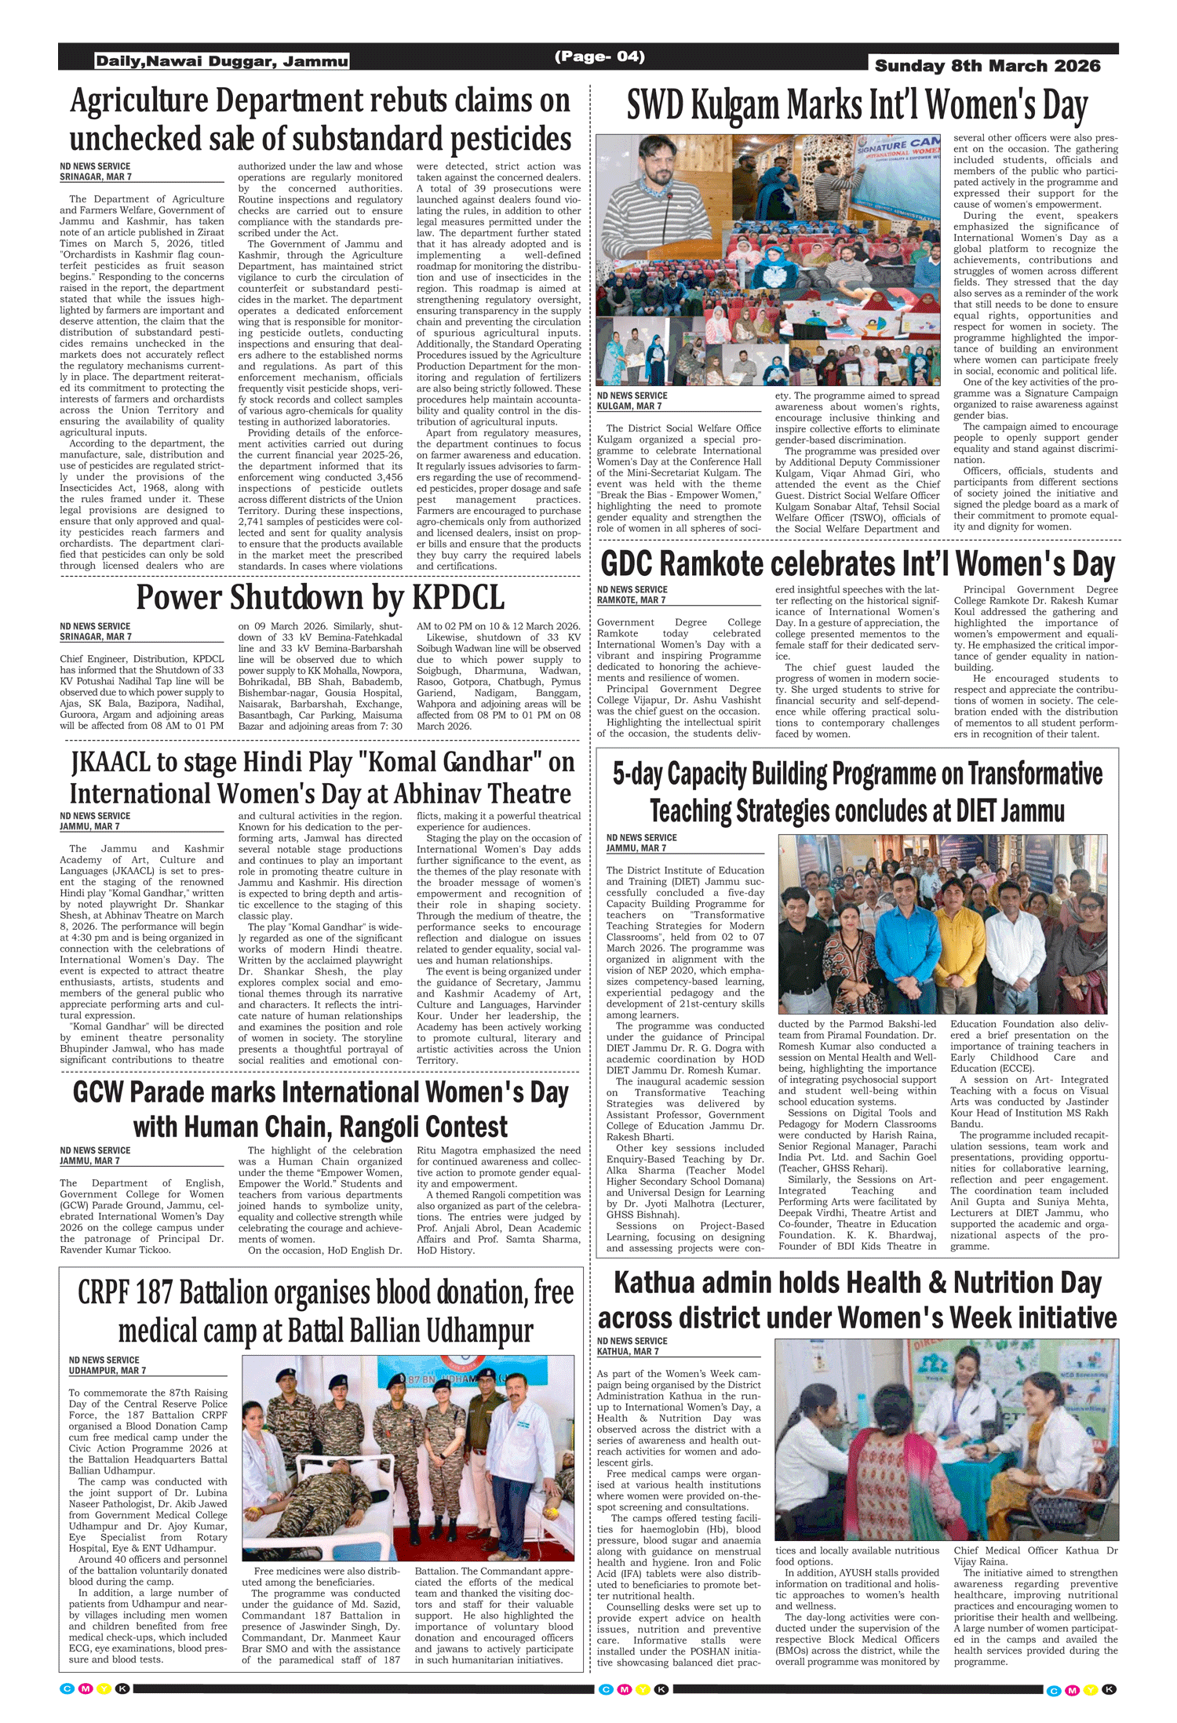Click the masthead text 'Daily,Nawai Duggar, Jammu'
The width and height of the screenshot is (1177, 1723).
tap(222, 61)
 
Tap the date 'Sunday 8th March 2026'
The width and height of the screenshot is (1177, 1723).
tap(987, 66)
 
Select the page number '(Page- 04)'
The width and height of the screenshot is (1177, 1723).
tap(599, 56)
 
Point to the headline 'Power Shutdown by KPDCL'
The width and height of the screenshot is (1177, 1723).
tap(320, 598)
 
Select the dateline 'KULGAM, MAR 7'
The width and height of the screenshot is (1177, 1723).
tap(629, 406)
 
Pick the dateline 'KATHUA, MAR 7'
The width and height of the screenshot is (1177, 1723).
tap(628, 1352)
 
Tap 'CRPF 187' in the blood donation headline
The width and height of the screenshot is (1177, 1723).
tap(125, 1293)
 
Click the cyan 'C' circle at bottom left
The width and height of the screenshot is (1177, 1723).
tap(67, 1688)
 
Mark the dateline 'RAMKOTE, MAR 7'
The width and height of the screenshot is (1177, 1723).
tap(631, 600)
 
